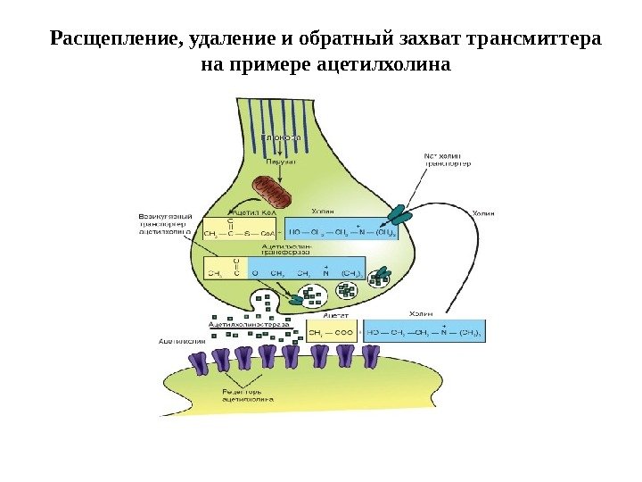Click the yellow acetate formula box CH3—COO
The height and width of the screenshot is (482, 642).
point(331,333)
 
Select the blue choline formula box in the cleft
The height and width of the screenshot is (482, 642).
point(424,333)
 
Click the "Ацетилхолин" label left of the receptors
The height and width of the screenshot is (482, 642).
point(182,340)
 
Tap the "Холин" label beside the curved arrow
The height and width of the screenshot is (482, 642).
point(481,213)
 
